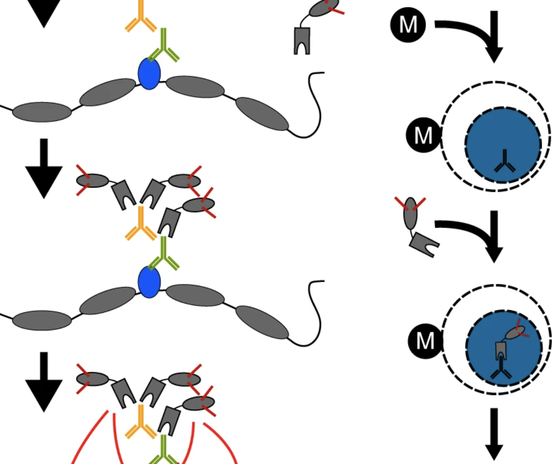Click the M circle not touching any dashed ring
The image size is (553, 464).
(407, 24)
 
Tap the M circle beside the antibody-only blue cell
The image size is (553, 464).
(423, 135)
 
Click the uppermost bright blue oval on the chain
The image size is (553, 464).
(149, 74)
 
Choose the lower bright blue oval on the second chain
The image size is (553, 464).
(149, 282)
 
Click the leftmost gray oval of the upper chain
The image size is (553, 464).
(42, 112)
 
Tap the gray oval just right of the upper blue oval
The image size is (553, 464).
(195, 87)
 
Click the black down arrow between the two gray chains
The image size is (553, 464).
(44, 169)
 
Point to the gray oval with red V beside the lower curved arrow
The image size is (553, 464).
(410, 213)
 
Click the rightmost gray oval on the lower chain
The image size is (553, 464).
(262, 323)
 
